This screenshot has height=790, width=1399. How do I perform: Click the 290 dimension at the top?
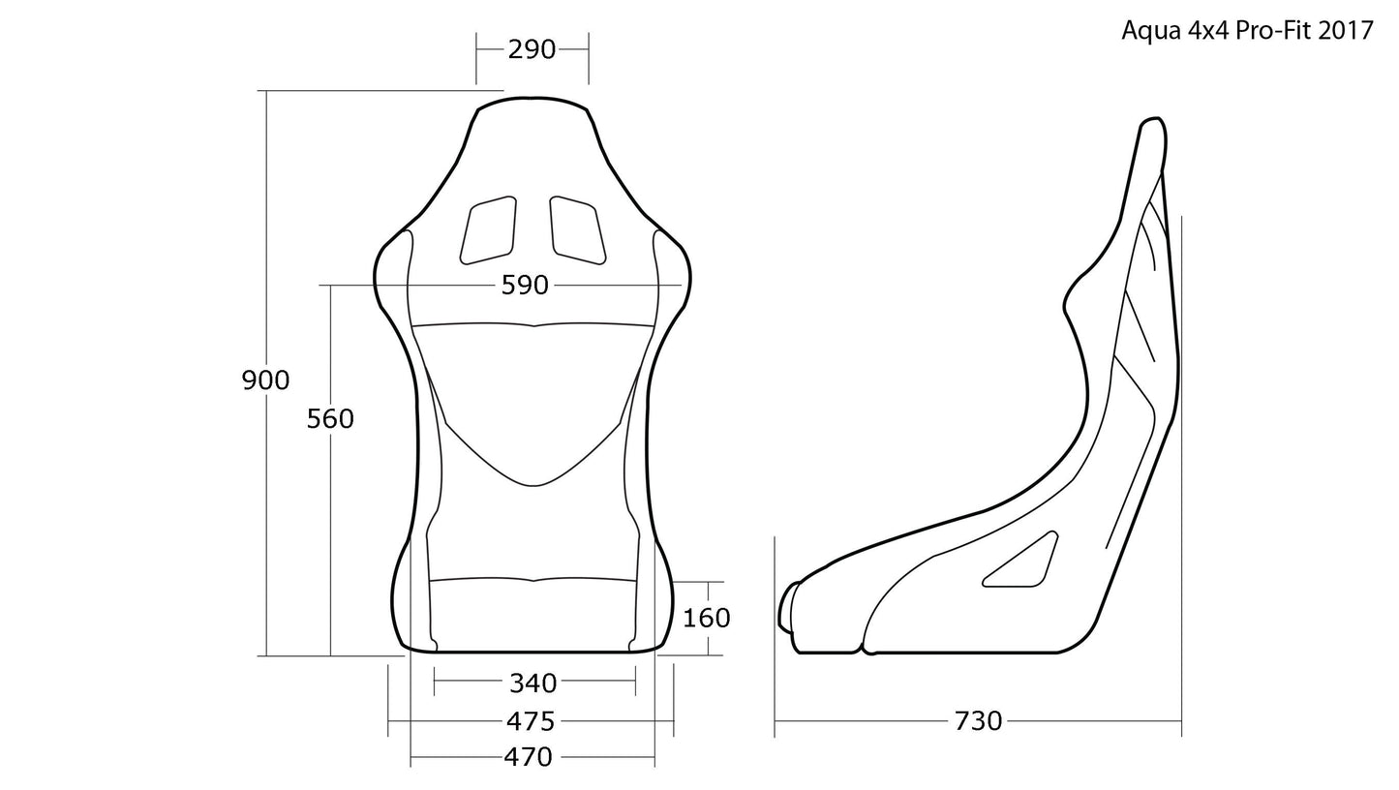click(x=532, y=48)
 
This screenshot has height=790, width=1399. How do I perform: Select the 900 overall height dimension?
click(x=265, y=380)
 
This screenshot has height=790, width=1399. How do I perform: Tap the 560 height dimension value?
click(x=330, y=418)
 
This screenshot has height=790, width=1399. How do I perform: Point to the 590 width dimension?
click(x=525, y=286)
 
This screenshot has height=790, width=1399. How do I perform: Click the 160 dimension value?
click(x=706, y=618)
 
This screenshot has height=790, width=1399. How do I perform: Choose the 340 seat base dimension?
click(x=532, y=684)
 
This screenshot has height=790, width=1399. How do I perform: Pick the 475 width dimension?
click(x=531, y=721)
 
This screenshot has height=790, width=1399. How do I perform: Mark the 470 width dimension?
click(x=528, y=757)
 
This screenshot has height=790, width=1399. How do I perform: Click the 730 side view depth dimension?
click(x=978, y=721)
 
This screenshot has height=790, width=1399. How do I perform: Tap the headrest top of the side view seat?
click(x=1151, y=121)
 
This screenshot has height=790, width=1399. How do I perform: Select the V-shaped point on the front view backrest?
click(x=532, y=484)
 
